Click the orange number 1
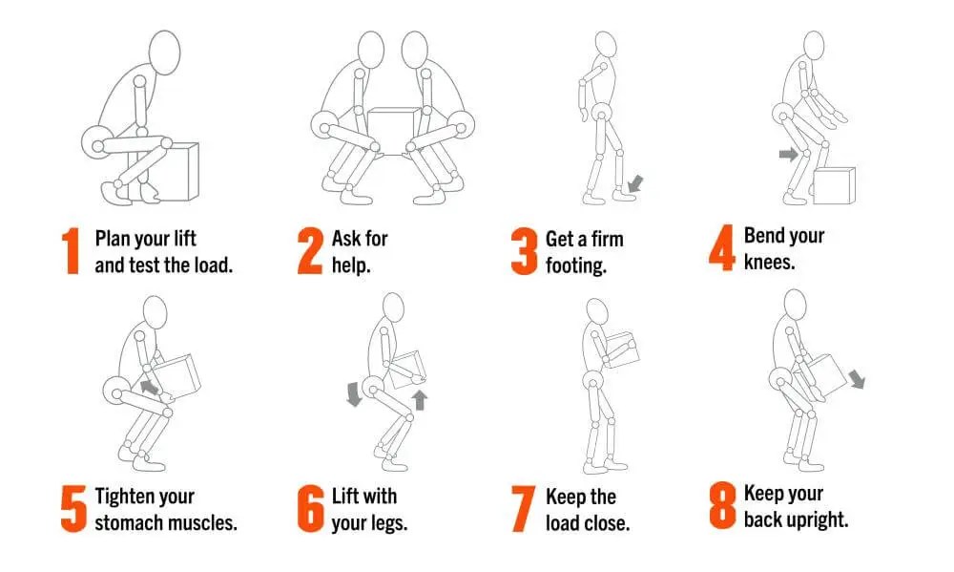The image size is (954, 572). (72, 251)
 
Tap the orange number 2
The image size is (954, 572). (309, 251)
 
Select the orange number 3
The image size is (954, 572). (524, 251)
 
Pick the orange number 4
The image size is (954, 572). (722, 247)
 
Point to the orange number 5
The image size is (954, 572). (73, 509)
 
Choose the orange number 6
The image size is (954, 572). (310, 509)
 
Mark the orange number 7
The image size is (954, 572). (523, 509)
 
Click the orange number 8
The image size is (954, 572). (722, 505)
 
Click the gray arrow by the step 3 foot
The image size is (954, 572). (635, 183)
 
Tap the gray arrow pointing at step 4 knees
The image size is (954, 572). (789, 154)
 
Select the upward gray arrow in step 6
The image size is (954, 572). (420, 400)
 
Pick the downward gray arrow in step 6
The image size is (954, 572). (354, 394)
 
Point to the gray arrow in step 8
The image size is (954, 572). (857, 378)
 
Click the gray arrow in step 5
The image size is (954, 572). (149, 388)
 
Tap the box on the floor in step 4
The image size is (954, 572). (834, 185)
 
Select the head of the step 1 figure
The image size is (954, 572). (164, 53)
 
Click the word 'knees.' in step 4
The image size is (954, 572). (769, 262)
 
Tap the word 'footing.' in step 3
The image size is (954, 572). (575, 266)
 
